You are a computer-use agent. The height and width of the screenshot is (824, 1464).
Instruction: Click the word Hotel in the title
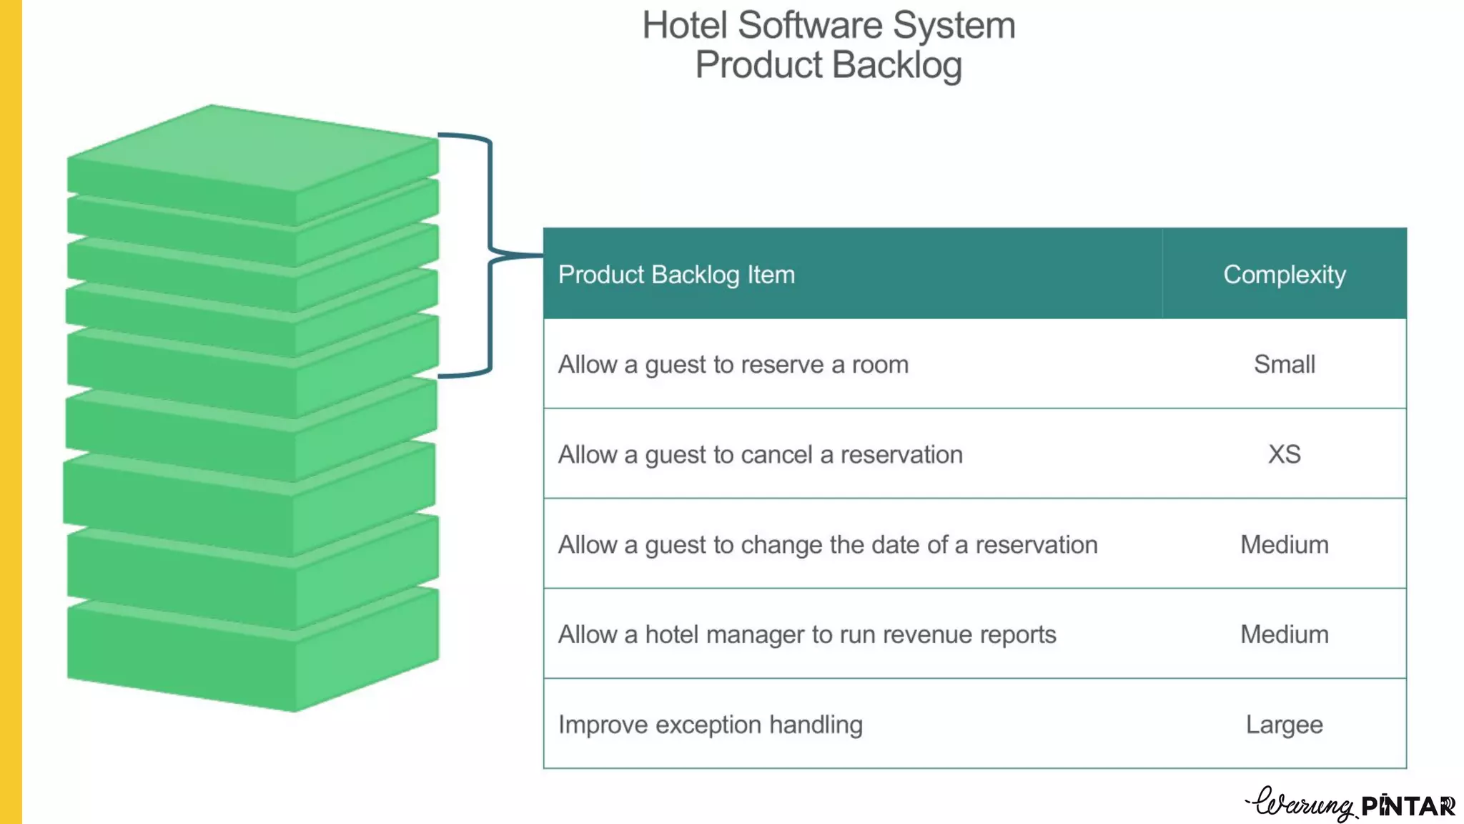click(684, 26)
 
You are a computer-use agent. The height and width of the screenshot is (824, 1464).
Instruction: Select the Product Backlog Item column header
click(676, 275)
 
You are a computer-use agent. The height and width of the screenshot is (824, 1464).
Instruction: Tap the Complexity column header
click(1284, 275)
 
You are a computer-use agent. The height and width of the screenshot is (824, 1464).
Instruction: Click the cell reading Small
click(1284, 365)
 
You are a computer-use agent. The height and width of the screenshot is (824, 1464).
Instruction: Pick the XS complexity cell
click(1284, 454)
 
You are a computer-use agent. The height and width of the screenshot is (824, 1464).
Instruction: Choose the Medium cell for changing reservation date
click(1284, 545)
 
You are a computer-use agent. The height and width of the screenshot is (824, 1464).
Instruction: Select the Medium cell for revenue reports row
click(1284, 634)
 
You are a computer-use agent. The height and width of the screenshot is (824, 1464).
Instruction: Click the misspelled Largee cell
click(1284, 725)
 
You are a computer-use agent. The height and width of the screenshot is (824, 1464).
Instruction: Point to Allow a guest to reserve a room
click(733, 365)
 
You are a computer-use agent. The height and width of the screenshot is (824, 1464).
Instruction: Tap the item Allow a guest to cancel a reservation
click(760, 455)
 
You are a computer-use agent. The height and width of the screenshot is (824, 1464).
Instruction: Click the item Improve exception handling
click(710, 725)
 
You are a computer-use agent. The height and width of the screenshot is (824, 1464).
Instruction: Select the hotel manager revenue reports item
click(806, 634)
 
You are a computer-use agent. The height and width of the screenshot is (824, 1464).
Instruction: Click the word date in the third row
click(896, 545)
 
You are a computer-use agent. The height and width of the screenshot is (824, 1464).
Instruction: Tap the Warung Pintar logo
click(1350, 805)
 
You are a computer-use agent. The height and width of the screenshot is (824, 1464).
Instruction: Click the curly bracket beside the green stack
click(490, 255)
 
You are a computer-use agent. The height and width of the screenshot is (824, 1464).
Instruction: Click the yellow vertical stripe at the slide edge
click(11, 412)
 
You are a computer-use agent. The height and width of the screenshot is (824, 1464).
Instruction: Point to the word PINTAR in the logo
click(1407, 806)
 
